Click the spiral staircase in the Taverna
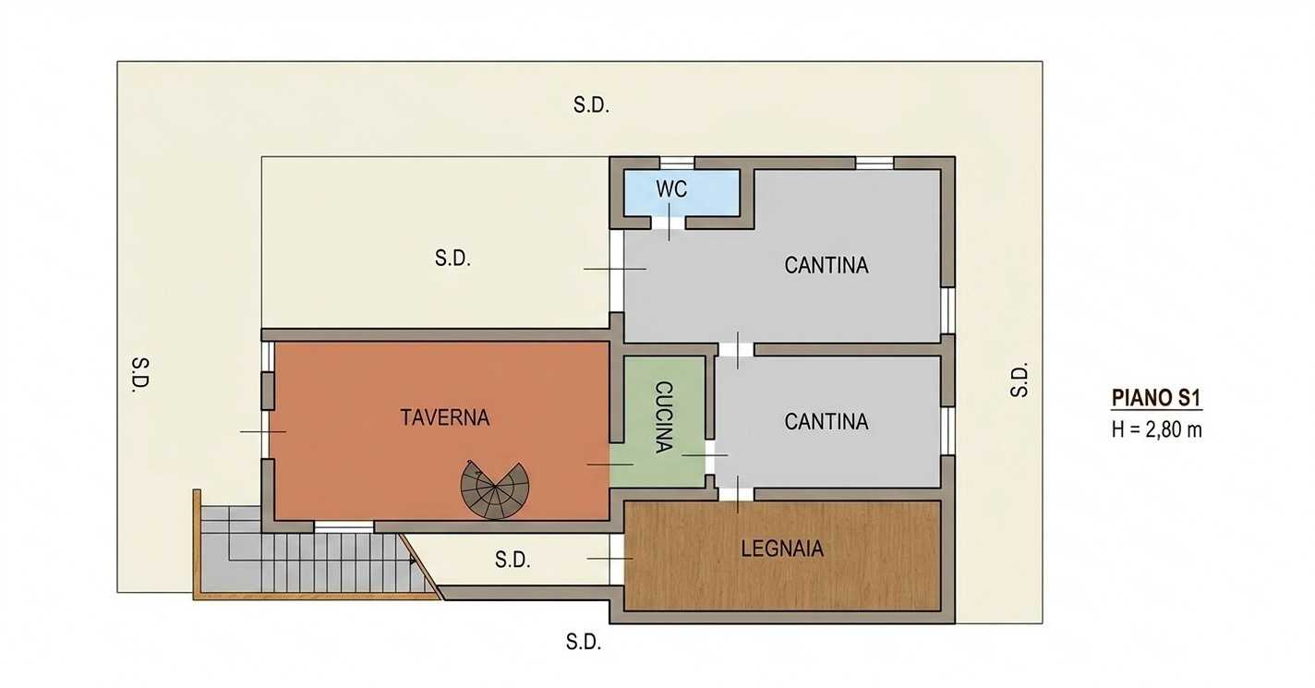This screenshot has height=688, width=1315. (494, 490)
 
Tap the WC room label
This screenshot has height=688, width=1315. (671, 189)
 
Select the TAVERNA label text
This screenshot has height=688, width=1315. (444, 417)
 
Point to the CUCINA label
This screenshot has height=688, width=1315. (663, 416)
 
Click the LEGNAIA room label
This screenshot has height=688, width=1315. (782, 549)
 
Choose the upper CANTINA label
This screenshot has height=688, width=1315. (826, 265)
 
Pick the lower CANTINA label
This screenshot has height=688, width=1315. (826, 421)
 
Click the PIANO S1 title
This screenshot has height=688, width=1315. (1156, 398)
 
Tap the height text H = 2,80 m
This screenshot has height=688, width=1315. (1156, 430)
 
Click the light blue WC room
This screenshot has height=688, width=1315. (681, 193)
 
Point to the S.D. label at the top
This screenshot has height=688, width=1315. (591, 105)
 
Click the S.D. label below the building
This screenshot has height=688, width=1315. (583, 642)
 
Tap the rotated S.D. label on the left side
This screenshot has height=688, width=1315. (140, 375)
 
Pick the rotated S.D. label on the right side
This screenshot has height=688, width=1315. (1019, 380)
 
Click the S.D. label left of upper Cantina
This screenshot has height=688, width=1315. (452, 258)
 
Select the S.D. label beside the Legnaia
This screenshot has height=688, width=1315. (512, 560)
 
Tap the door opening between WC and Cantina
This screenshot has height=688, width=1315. (669, 223)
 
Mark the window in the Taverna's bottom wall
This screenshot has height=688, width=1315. (344, 526)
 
